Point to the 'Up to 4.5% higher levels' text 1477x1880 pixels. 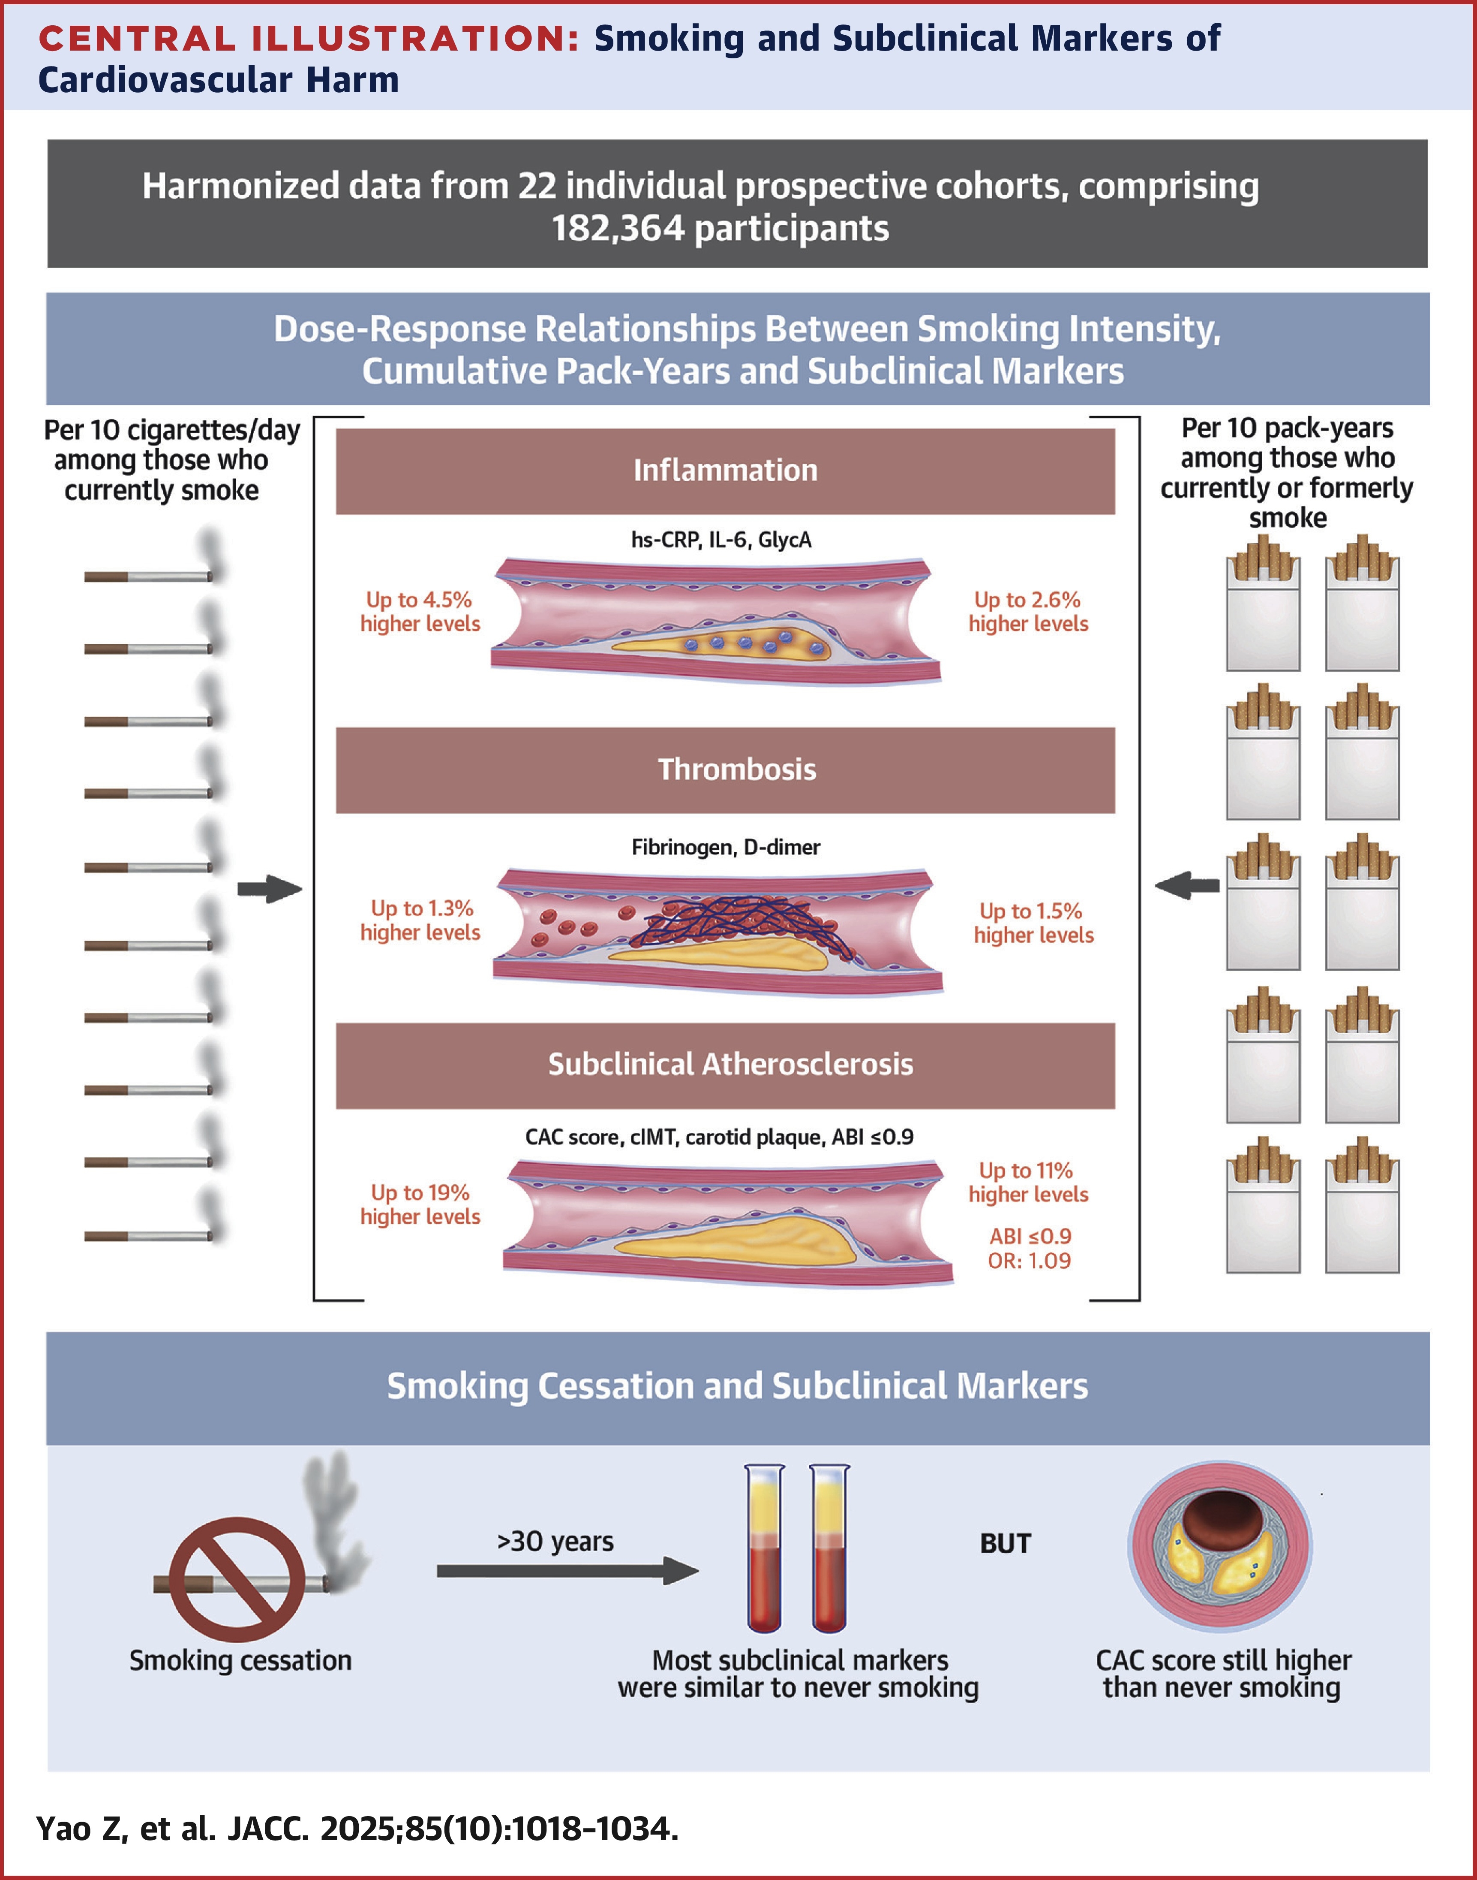click(420, 612)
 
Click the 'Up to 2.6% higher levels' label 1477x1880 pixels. click(1028, 612)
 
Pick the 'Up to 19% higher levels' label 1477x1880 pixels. click(420, 1204)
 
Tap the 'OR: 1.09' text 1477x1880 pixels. click(1029, 1261)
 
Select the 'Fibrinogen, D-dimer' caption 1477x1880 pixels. click(726, 847)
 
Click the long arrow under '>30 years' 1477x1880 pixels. click(567, 1570)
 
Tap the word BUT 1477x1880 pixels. click(1005, 1543)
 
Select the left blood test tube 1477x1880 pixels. click(766, 1548)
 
